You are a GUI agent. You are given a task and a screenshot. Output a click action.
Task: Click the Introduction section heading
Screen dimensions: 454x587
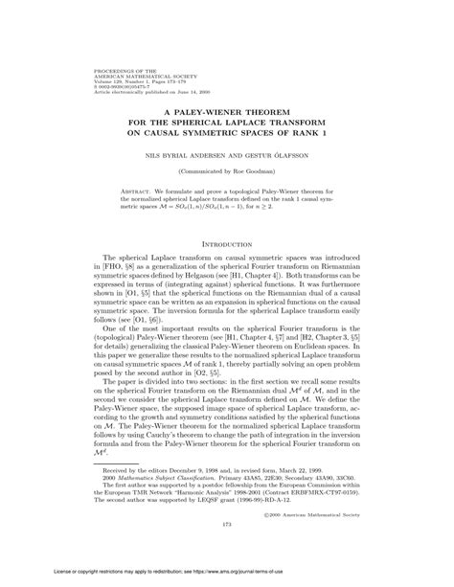tap(227, 242)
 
